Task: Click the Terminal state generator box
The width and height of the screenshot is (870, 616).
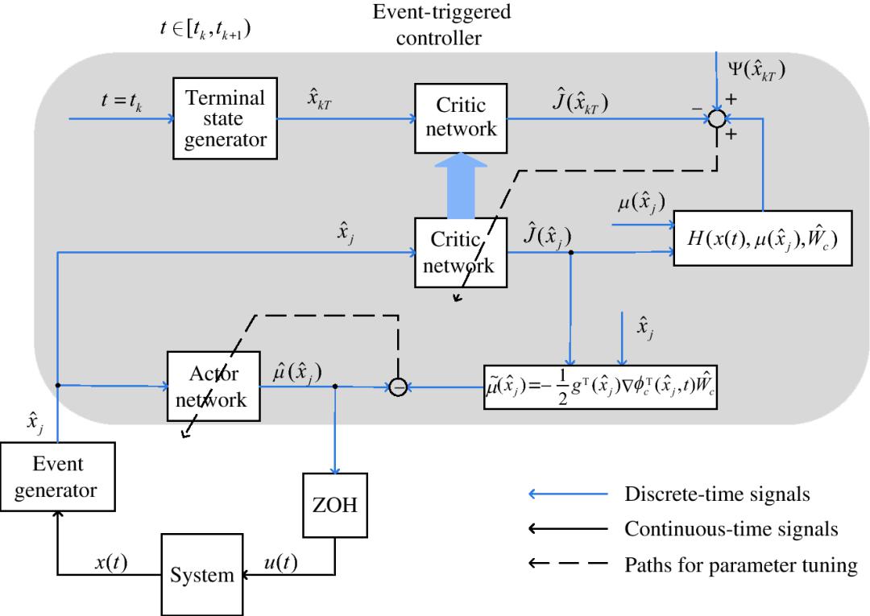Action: pyautogui.click(x=226, y=118)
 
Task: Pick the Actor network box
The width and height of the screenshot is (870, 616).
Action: pyautogui.click(x=214, y=386)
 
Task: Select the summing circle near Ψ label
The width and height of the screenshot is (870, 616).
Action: pyautogui.click(x=715, y=119)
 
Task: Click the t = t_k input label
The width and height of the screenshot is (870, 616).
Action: pyautogui.click(x=114, y=102)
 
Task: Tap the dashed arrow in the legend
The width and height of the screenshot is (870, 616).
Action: pyautogui.click(x=569, y=565)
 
